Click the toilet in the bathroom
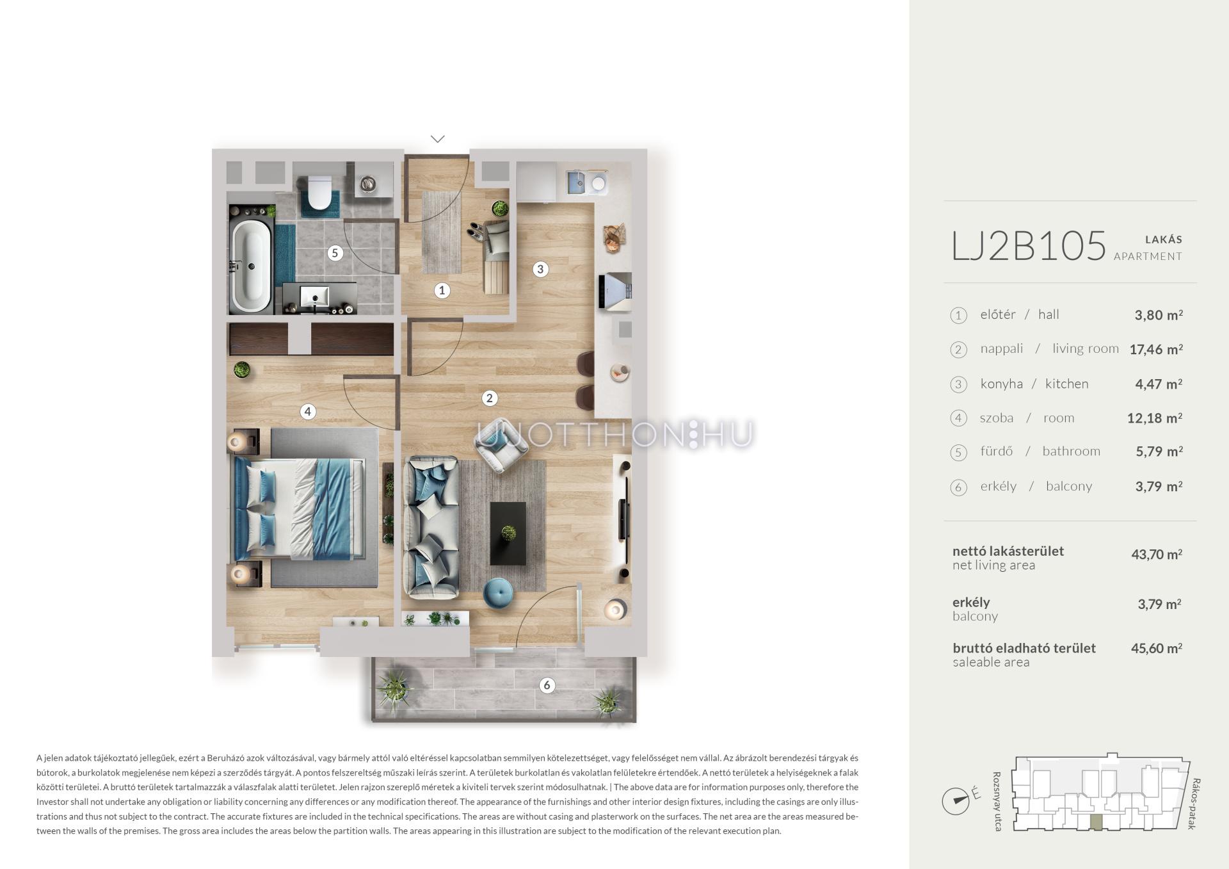coord(318,192)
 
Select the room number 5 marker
coord(334,253)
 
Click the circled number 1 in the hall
coord(442,291)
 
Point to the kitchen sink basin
coord(577,183)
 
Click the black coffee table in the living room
coord(508,533)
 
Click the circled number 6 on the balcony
coord(547,685)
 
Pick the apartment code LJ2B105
coord(1029,246)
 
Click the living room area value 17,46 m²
coord(1156,349)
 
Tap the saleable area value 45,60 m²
coord(1157,648)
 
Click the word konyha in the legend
coord(1002,384)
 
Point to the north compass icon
coord(956,800)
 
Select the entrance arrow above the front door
coord(438,138)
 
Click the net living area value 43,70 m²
coord(1157,555)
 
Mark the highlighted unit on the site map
coord(1096,823)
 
